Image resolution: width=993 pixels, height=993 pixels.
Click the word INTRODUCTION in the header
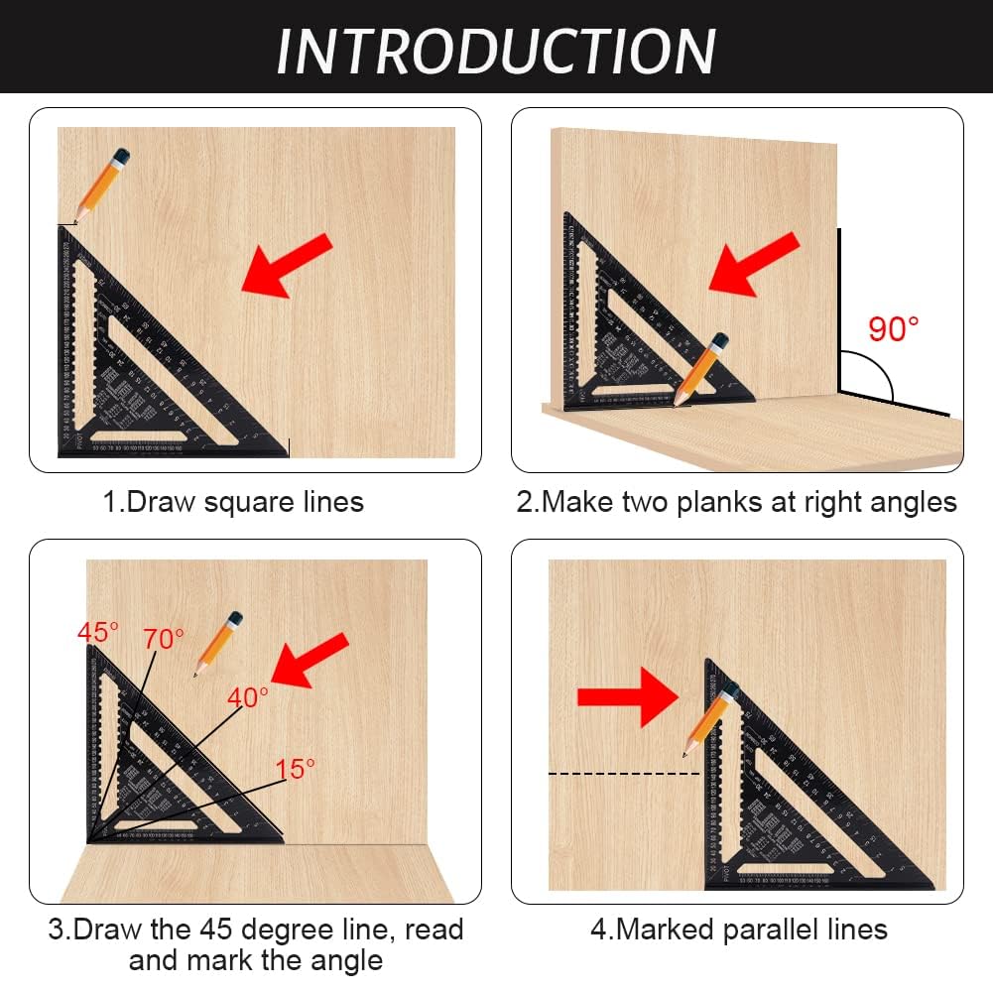[496, 50]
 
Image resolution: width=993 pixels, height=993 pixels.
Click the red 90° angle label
[894, 329]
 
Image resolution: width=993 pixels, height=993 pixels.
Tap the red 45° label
[98, 632]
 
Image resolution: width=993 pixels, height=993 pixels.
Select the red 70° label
[163, 639]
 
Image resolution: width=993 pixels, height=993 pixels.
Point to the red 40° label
[247, 697]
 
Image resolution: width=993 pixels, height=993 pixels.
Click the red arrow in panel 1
[287, 264]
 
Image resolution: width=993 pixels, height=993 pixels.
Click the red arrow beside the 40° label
[311, 660]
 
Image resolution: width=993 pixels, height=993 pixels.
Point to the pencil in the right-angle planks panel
[701, 369]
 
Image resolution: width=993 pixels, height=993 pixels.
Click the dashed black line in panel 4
[623, 773]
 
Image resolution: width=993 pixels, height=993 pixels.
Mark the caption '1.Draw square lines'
[234, 502]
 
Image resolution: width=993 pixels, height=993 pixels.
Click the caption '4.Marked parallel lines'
[738, 929]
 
